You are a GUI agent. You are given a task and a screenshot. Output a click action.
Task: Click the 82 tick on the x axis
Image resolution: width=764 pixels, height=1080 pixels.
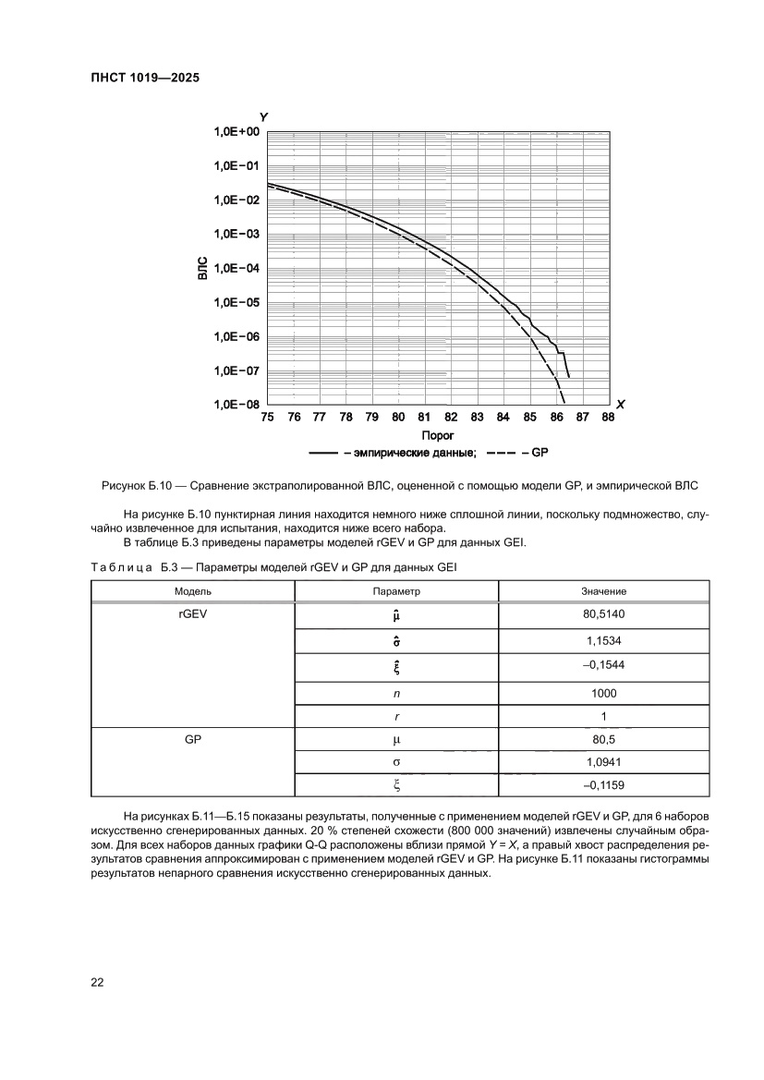point(451,417)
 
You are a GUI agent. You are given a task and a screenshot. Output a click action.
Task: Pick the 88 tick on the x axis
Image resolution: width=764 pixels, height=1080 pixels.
point(607,417)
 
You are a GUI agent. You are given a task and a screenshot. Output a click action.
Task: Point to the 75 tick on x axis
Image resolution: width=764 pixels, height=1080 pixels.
point(268,417)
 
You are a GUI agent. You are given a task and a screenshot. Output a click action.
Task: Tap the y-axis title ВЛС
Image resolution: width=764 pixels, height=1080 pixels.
point(202,268)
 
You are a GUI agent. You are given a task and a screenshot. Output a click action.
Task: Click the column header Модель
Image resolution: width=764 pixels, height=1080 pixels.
point(192,590)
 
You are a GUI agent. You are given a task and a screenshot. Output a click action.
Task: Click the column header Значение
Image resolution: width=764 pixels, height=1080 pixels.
point(603,590)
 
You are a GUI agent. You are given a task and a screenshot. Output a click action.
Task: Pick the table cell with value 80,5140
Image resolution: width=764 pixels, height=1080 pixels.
point(603,613)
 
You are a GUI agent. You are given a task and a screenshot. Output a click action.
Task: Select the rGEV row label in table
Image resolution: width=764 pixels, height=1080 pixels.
point(192,613)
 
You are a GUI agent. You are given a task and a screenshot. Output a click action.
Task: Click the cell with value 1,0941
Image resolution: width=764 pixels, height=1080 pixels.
point(603,762)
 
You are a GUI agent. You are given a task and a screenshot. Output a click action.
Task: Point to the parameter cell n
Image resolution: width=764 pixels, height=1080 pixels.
point(396,691)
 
